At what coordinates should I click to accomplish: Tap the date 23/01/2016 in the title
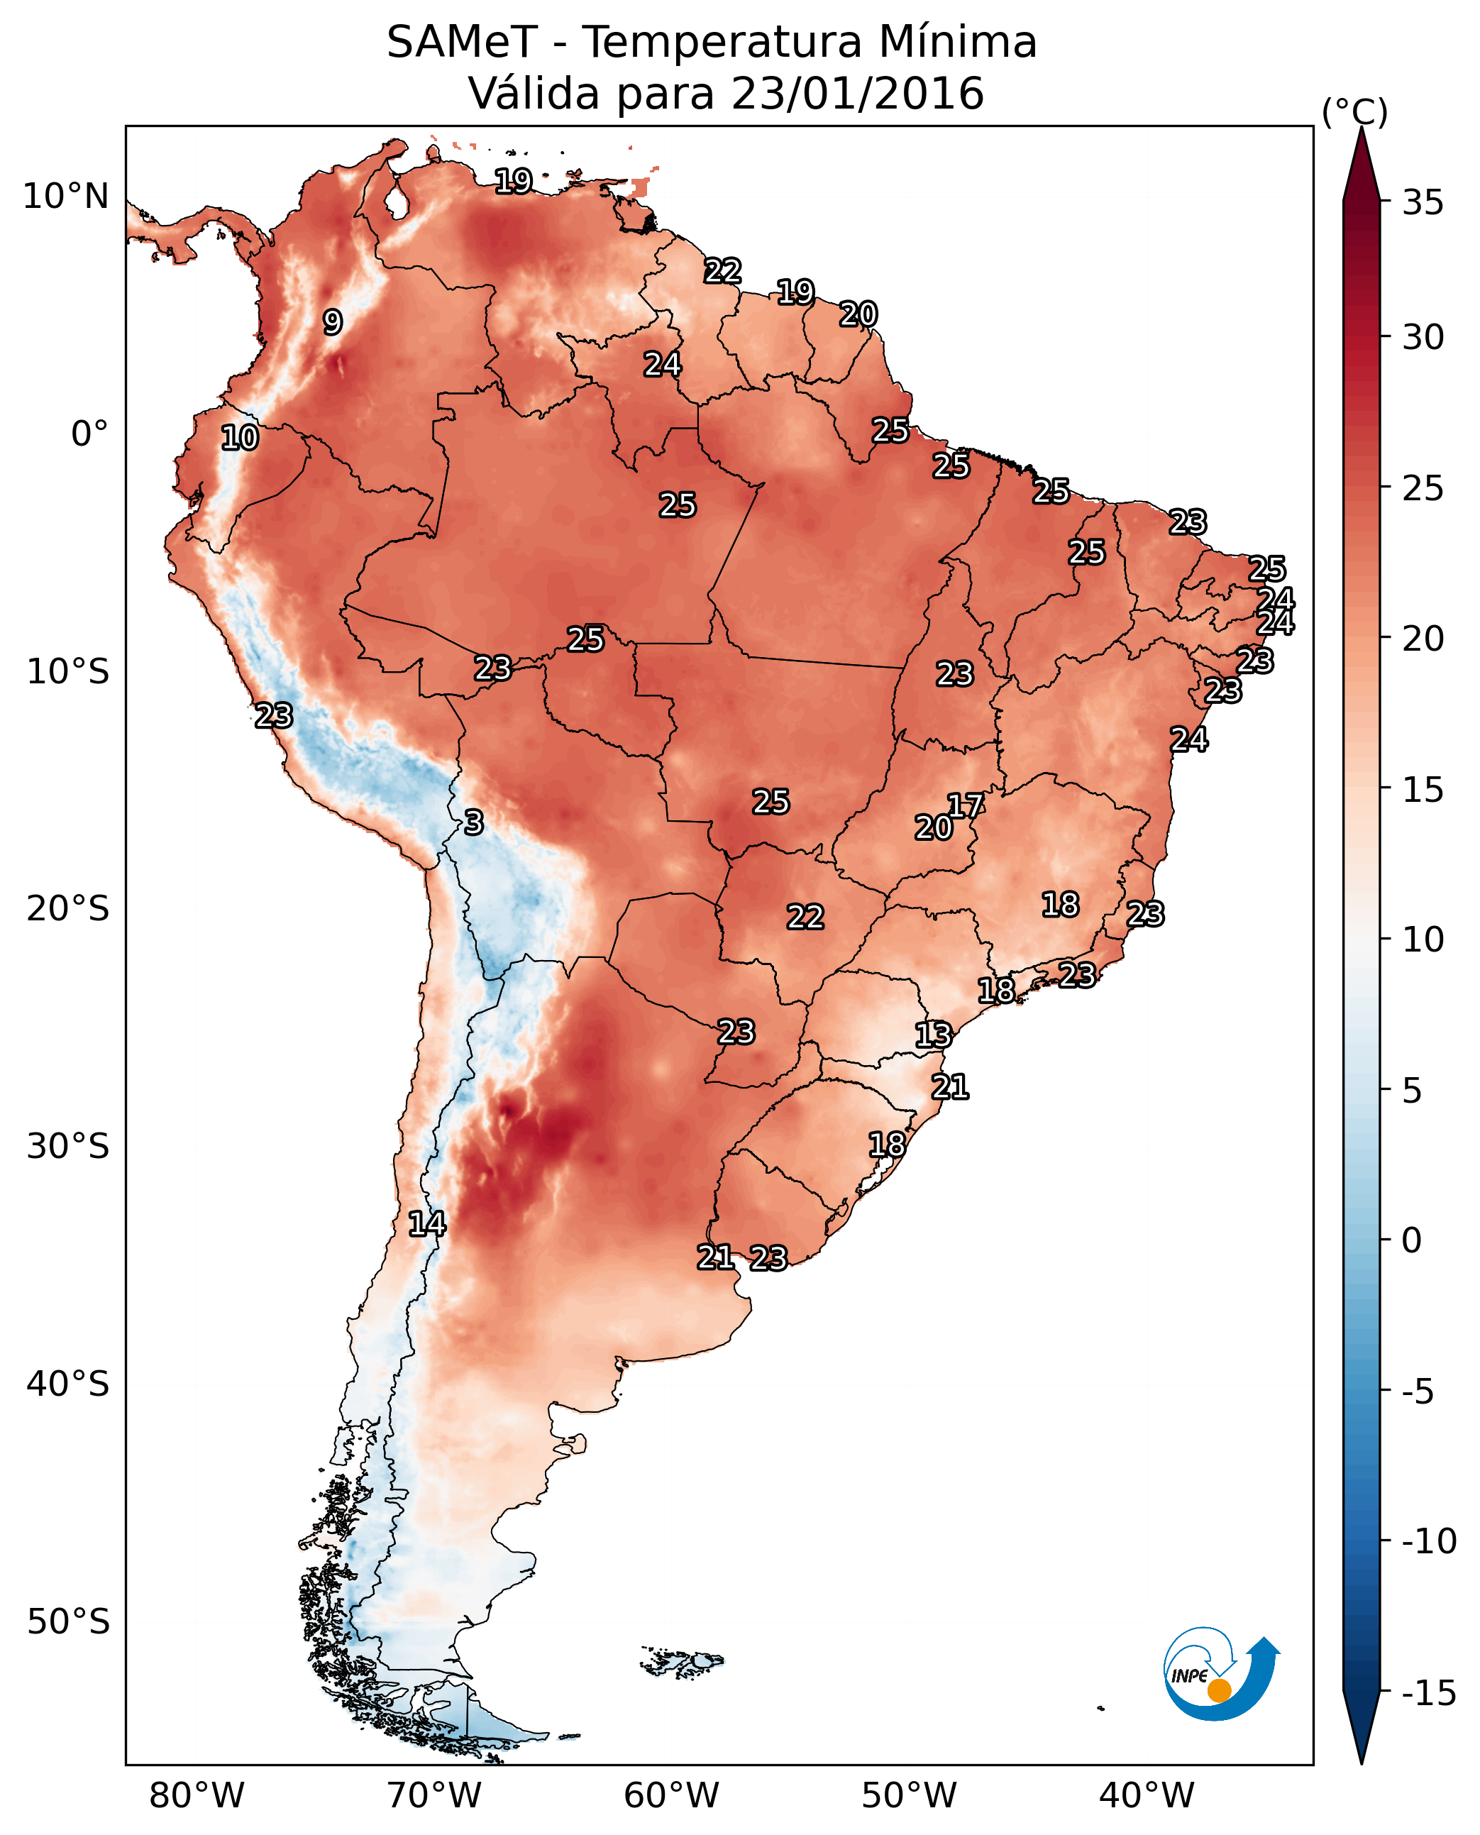coord(857,93)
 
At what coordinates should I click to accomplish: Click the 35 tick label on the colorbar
coord(1423,202)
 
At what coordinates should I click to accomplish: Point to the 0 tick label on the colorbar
coord(1413,1240)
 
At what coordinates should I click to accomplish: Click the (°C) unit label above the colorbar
coord(1354,111)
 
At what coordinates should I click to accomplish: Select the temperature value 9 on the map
coord(333,321)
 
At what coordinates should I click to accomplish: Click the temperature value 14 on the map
coord(427,1223)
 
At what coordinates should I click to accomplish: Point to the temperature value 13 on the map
coord(934,1035)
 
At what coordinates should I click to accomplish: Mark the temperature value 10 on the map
coord(240,437)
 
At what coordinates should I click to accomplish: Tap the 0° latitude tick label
coord(89,434)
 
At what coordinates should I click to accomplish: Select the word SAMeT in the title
coord(462,42)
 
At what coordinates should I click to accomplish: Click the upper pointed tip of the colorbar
coord(1362,127)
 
